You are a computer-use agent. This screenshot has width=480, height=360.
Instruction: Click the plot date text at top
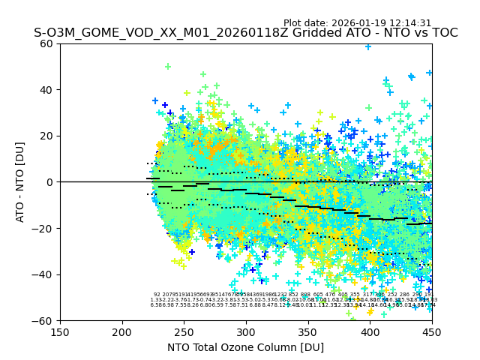pyautogui.click(x=357, y=23)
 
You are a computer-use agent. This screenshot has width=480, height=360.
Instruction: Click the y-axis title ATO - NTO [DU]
pyautogui.click(x=21, y=182)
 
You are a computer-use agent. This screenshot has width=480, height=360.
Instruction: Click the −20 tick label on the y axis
pyautogui.click(x=44, y=228)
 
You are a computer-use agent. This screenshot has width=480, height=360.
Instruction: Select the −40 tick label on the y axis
pyautogui.click(x=44, y=274)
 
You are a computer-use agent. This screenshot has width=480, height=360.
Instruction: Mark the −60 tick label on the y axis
pyautogui.click(x=44, y=320)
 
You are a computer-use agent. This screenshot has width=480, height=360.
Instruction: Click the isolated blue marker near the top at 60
pyautogui.click(x=367, y=46)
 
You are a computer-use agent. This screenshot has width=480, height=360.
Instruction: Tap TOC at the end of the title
pyautogui.click(x=442, y=34)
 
